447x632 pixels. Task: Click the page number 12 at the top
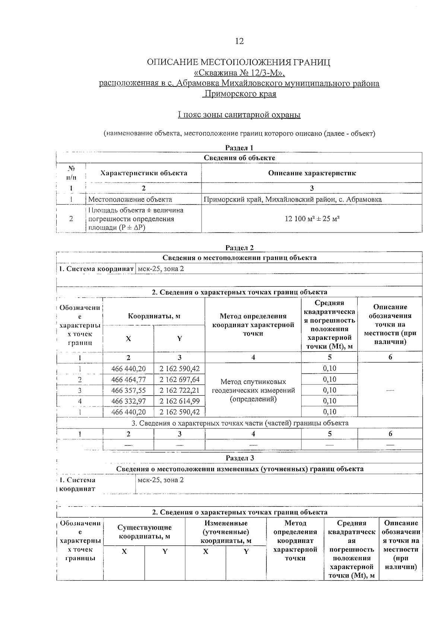point(239,41)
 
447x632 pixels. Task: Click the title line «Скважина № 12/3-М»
point(239,73)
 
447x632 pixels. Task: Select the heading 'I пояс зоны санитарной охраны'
point(239,115)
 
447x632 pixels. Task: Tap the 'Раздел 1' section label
point(239,148)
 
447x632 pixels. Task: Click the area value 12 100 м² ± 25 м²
point(312,219)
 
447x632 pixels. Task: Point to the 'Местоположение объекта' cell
point(130,199)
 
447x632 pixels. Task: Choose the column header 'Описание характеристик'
point(312,173)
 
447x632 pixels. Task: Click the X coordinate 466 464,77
point(129,380)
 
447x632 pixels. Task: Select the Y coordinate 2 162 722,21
point(180,391)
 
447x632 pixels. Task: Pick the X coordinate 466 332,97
point(129,401)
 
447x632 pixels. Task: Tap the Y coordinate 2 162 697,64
point(180,380)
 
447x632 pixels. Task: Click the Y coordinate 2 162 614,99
point(180,401)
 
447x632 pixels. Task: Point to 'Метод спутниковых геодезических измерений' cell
point(253,390)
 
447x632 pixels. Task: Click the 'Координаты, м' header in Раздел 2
point(154,316)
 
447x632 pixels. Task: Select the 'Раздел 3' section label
point(240,458)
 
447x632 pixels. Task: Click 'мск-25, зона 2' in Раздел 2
point(161,269)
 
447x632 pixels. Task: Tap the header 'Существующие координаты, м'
point(145,532)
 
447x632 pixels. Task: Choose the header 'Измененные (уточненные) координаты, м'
point(226,532)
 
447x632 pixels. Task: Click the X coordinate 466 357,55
point(129,391)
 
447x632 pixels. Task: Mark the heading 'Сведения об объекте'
point(239,158)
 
